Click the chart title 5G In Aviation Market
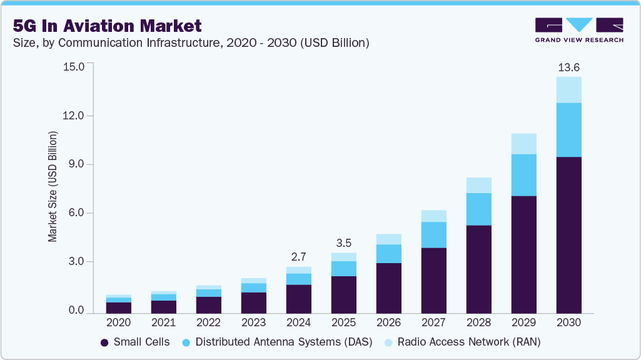pyautogui.click(x=107, y=26)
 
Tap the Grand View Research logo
pyautogui.click(x=579, y=30)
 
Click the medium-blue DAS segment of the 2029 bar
pyautogui.click(x=523, y=175)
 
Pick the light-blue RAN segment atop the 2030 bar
pyautogui.click(x=568, y=90)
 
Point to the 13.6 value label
pyautogui.click(x=568, y=67)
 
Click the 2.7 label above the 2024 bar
pyautogui.click(x=298, y=256)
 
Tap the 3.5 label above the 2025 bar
pyautogui.click(x=343, y=242)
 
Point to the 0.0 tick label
pyautogui.click(x=76, y=311)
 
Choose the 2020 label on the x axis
pyautogui.click(x=118, y=323)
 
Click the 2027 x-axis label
pyautogui.click(x=433, y=323)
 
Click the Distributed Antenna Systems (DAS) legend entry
pyautogui.click(x=277, y=342)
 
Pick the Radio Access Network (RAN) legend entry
pyautogui.click(x=462, y=342)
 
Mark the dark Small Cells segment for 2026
pyautogui.click(x=388, y=287)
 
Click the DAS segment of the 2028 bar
pyautogui.click(x=478, y=209)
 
